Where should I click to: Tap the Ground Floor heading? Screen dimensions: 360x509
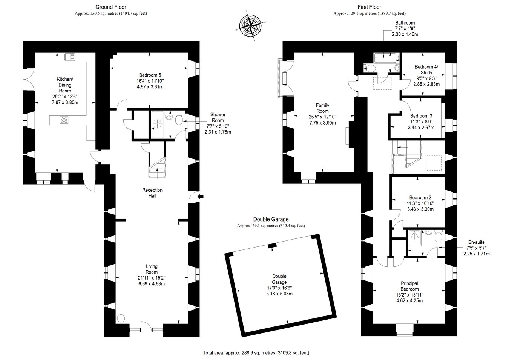click(110, 7)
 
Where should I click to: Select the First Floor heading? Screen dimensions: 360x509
click(369, 7)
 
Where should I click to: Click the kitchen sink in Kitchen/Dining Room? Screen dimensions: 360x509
click(70, 57)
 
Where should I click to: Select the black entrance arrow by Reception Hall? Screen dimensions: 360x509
click(201, 196)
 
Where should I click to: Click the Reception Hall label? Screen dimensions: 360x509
click(152, 193)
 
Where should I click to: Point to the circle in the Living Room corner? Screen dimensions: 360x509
click(121, 318)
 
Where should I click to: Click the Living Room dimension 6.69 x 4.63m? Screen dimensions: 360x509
click(152, 283)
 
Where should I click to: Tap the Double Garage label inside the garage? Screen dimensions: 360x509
click(280, 279)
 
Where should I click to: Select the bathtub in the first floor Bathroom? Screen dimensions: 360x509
click(386, 58)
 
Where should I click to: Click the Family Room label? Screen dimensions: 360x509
click(322, 108)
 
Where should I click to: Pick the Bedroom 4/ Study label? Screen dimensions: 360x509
click(426, 69)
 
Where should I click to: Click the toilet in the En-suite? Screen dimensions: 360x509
click(438, 237)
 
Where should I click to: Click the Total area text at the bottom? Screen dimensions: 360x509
click(256, 353)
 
